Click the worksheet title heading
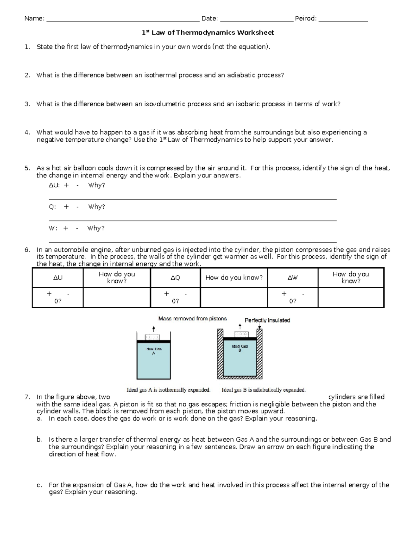(208, 33)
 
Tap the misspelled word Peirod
(305, 18)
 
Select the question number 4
(27, 132)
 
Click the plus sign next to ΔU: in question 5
(66, 185)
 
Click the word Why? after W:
(96, 228)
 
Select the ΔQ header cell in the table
(175, 278)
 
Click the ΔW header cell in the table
(293, 278)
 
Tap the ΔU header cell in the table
(58, 278)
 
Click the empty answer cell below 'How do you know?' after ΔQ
(234, 297)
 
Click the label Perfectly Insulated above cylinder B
(267, 320)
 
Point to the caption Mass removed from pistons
(192, 319)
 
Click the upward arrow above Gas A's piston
(153, 329)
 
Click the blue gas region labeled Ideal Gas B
(240, 360)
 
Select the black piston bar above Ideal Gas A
(154, 342)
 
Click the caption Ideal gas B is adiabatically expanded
(263, 390)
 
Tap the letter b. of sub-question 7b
(40, 440)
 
